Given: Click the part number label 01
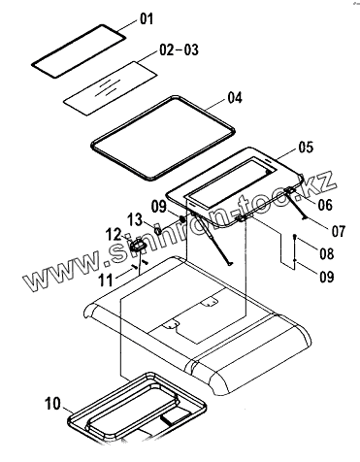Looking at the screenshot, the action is (147, 19).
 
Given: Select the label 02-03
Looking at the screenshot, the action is (179, 50).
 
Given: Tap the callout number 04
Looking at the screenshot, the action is (235, 98).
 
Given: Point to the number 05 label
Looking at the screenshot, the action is (306, 148).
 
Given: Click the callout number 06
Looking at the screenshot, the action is (325, 205).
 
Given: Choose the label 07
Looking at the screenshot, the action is (339, 231).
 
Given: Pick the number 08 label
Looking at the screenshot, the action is (327, 253).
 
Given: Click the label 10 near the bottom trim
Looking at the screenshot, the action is (52, 404).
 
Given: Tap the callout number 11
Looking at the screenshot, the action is (106, 280).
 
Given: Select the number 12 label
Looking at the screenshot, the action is (114, 235).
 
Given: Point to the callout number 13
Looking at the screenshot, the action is (135, 219).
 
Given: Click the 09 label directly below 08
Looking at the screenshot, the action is (327, 277).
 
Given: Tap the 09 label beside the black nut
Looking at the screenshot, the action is (159, 207).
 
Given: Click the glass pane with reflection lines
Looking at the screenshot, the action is (111, 87).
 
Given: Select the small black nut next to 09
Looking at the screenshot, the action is (182, 219).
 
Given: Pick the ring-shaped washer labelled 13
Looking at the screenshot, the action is (158, 231).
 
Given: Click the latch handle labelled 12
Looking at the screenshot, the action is (138, 246).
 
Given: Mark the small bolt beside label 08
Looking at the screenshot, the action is (294, 237).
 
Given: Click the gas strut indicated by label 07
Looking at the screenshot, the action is (296, 204).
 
